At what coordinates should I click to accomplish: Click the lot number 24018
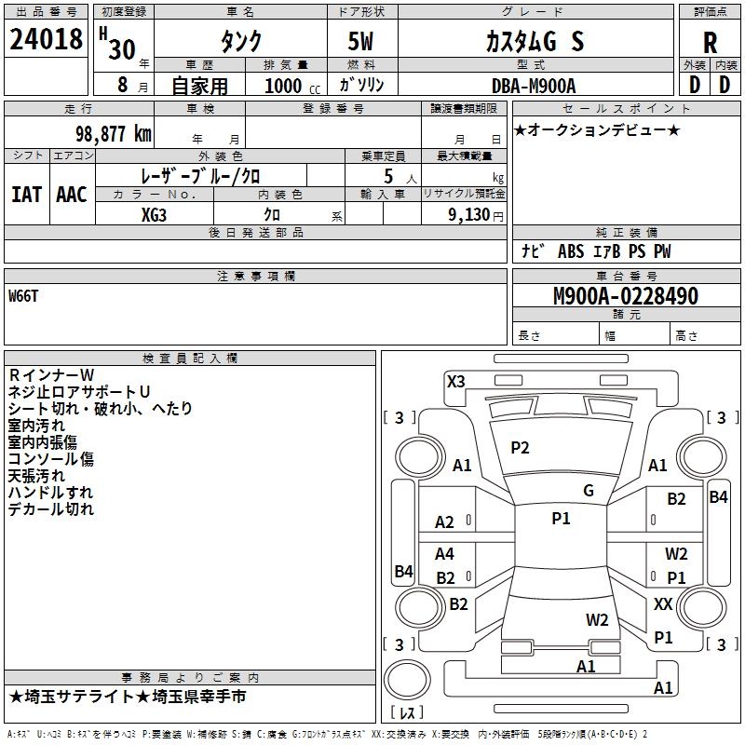pyautogui.click(x=46, y=40)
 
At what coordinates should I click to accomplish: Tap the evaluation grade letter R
pyautogui.click(x=710, y=42)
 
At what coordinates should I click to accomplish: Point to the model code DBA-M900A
pyautogui.click(x=534, y=86)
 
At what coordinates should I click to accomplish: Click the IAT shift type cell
pyautogui.click(x=27, y=194)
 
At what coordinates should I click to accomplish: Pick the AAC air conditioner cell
pyautogui.click(x=72, y=194)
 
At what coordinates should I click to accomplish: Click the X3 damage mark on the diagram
pyautogui.click(x=456, y=381)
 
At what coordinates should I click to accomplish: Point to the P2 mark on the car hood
pyautogui.click(x=520, y=448)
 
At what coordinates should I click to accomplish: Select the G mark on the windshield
pyautogui.click(x=589, y=491)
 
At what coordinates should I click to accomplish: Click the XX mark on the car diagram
pyautogui.click(x=663, y=604)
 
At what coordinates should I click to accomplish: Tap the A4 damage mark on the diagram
pyautogui.click(x=445, y=554)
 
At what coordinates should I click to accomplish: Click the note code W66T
pyautogui.click(x=25, y=296)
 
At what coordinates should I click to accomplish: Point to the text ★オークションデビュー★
pyautogui.click(x=596, y=129)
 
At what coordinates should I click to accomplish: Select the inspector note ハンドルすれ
pyautogui.click(x=50, y=493)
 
